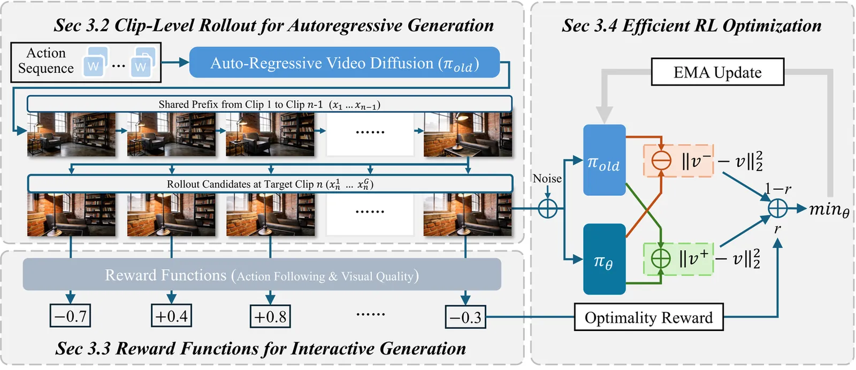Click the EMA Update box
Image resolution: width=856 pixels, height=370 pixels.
click(x=717, y=72)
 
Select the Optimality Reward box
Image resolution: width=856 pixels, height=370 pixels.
click(x=648, y=318)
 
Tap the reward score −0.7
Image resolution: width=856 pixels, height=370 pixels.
click(x=70, y=316)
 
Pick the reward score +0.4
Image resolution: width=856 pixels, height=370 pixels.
click(x=171, y=316)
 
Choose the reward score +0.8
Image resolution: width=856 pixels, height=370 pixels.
click(x=270, y=317)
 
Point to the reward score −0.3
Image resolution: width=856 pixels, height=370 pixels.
click(x=465, y=317)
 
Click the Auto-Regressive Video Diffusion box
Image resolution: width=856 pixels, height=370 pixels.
click(x=345, y=63)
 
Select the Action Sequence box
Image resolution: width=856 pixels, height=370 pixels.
click(x=86, y=62)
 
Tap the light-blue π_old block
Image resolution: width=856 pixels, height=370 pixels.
click(x=604, y=160)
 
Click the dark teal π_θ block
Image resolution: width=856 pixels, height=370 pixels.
click(x=604, y=259)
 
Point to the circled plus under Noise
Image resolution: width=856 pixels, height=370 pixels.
click(x=547, y=208)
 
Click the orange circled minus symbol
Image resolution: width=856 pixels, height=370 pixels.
click(x=661, y=160)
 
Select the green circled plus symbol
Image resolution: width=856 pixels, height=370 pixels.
click(x=661, y=259)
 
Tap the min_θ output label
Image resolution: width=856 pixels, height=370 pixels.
click(x=829, y=209)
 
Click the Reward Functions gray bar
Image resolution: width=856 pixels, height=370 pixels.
click(x=262, y=275)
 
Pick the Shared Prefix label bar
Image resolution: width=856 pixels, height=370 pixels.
click(x=269, y=104)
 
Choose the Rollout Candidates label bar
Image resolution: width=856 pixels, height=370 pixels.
click(x=270, y=184)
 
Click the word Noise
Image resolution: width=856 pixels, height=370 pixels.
click(x=547, y=179)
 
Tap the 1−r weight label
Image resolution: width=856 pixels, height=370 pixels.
click(x=778, y=189)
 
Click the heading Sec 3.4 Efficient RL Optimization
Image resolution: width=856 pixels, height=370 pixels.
click(x=691, y=26)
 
